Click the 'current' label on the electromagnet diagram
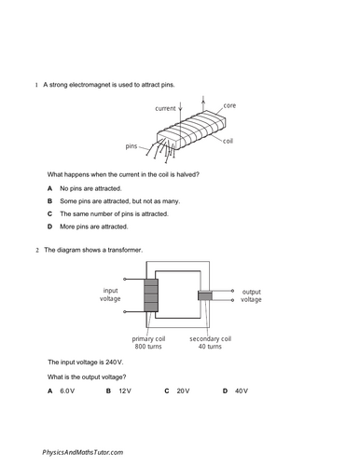point(165,108)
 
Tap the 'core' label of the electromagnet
point(229,105)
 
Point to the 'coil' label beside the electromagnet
point(228,141)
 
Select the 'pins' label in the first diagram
point(132,146)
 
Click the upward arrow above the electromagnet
point(203,103)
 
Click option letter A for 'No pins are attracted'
point(49,188)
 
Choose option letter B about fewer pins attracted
point(49,201)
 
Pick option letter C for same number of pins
point(49,214)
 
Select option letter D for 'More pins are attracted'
point(49,226)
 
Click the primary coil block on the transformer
point(151,295)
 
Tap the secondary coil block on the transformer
point(205,295)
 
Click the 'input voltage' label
point(110,295)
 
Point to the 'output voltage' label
point(251,295)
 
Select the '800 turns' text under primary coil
point(148,347)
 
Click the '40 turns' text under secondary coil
point(210,347)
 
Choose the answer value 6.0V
point(67,391)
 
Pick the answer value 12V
point(125,391)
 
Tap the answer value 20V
point(183,391)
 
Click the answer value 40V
point(242,391)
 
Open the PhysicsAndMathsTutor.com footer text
point(83,453)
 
